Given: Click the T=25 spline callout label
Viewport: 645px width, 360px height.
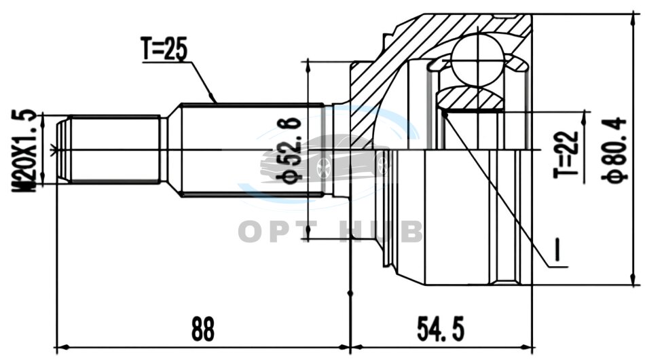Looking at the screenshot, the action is coord(164,48).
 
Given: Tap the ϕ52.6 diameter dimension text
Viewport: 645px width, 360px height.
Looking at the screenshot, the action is coord(291,151).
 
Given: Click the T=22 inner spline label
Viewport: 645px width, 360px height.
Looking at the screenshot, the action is coord(566,155).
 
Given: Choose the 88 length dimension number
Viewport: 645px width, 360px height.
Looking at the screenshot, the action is coord(203,329).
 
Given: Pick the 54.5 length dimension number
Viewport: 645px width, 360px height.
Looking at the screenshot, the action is coord(441,329).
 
